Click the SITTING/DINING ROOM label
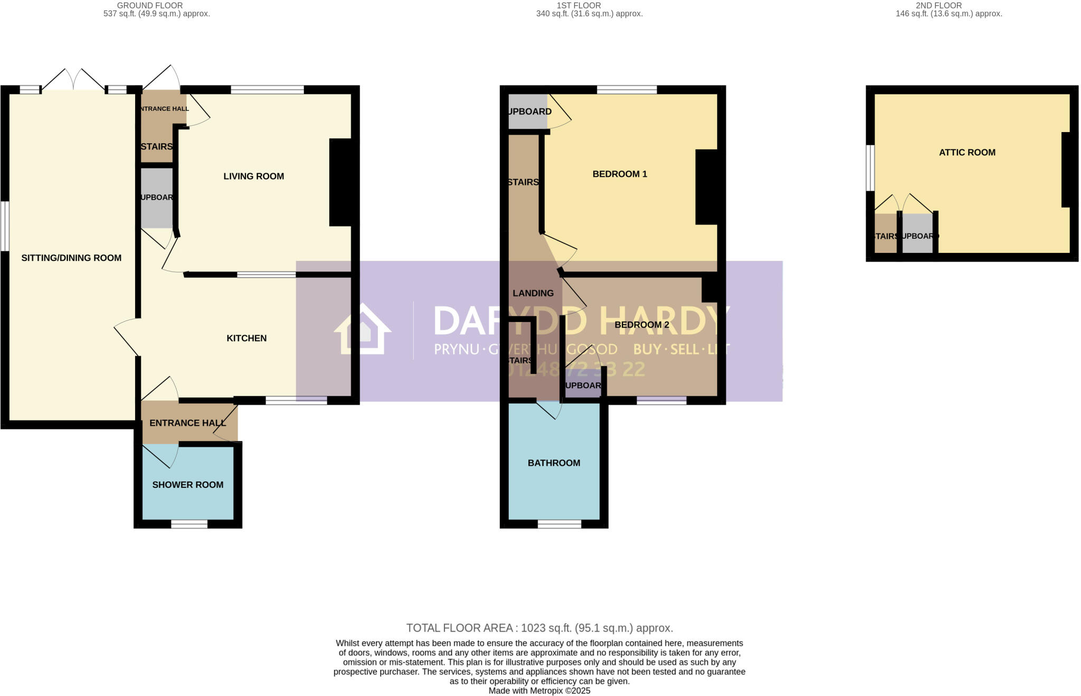coord(71,258)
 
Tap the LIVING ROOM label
coord(253,176)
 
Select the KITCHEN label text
coord(246,338)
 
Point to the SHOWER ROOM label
coord(187,485)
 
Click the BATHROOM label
coord(554,463)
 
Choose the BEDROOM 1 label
coord(620,174)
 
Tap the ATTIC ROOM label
coord(967,153)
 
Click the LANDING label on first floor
coord(533,293)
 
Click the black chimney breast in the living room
coord(341,182)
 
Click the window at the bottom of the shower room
coord(189,524)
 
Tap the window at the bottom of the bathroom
coord(560,524)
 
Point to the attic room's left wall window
coord(870,167)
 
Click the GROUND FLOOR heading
coord(150,5)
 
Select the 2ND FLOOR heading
coord(938,5)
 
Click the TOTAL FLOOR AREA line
coord(539,628)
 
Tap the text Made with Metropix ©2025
coord(539,691)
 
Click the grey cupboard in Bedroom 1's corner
coord(527,111)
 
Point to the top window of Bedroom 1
coord(627,90)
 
